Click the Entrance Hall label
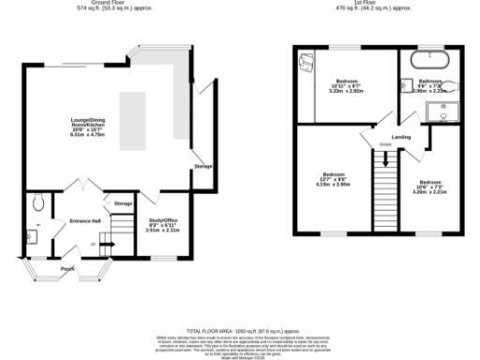pyautogui.click(x=84, y=221)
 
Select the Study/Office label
pyautogui.click(x=162, y=224)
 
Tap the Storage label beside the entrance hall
pyautogui.click(x=123, y=203)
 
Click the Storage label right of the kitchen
pyautogui.click(x=203, y=166)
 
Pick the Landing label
pyautogui.click(x=401, y=138)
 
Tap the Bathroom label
pyautogui.click(x=430, y=83)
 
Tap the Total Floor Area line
pyautogui.click(x=240, y=330)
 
